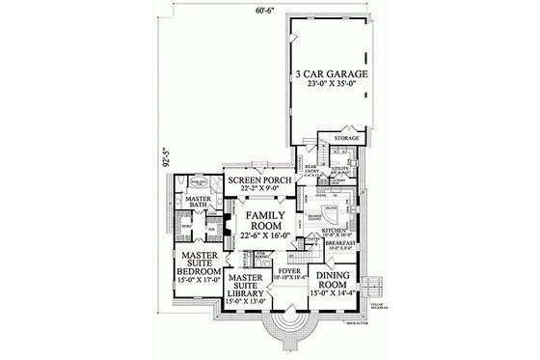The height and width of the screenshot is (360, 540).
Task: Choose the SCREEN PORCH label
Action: [x=255, y=180]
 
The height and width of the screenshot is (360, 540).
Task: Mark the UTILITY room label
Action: [x=338, y=170]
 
